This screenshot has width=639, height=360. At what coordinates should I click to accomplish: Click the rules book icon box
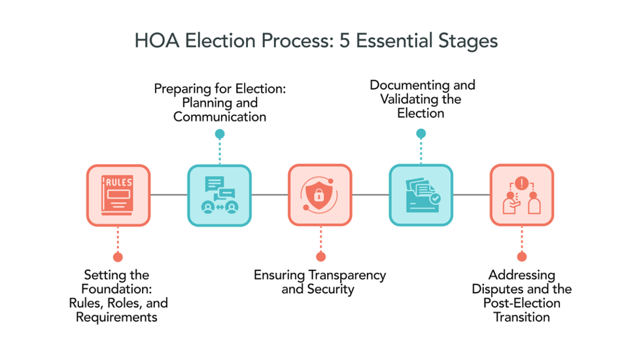(x=118, y=195)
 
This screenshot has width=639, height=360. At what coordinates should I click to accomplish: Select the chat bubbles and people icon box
(x=219, y=195)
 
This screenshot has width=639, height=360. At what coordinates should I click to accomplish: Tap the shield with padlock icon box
(x=320, y=195)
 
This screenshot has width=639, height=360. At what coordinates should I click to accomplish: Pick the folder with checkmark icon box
(x=421, y=195)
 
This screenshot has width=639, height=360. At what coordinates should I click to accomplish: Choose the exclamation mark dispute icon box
(x=521, y=195)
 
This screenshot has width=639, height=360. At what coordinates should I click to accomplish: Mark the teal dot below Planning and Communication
(x=220, y=134)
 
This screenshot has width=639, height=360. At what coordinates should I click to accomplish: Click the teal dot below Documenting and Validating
(x=421, y=134)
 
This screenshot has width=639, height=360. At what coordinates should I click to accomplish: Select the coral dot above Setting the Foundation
(x=118, y=257)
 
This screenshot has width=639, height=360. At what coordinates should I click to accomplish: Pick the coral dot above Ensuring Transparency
(x=320, y=257)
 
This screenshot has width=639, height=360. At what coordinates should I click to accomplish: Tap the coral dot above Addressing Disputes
(x=522, y=257)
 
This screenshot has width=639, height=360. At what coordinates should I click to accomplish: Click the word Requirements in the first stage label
(x=116, y=317)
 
